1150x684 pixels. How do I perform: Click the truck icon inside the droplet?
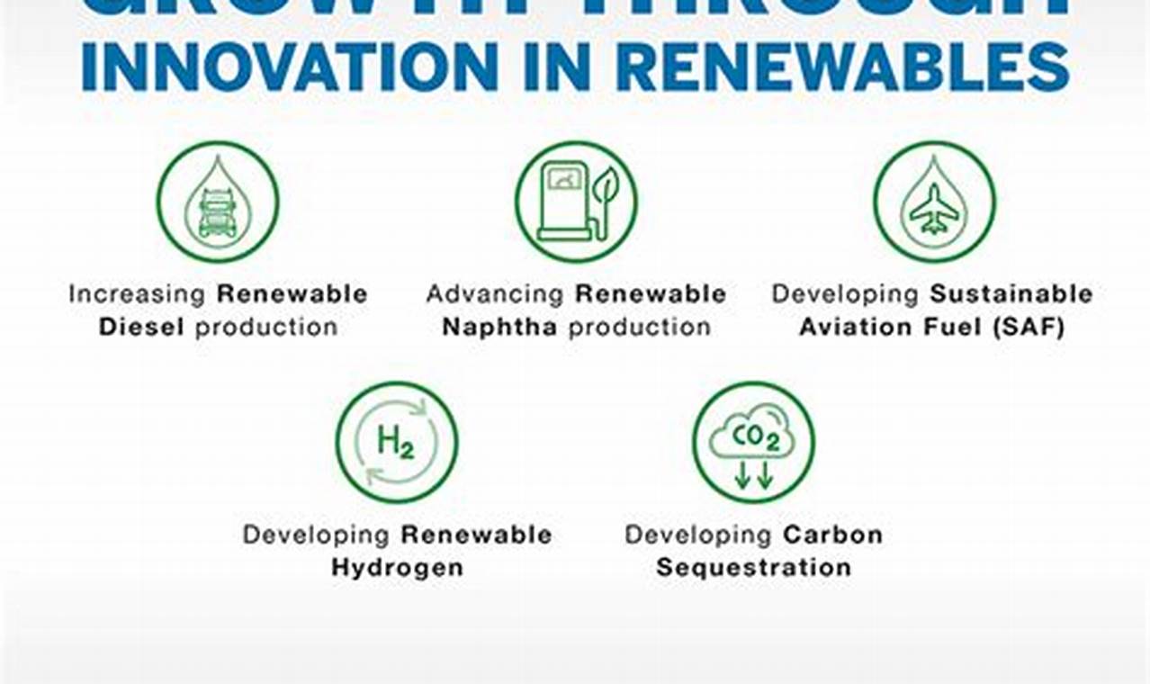pyautogui.click(x=218, y=212)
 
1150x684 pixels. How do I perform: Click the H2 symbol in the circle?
pyautogui.click(x=396, y=442)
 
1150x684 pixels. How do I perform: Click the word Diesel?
pyautogui.click(x=142, y=327)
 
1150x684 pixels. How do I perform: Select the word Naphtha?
pyautogui.click(x=499, y=327)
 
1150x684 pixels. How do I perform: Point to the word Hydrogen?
pyautogui.click(x=397, y=568)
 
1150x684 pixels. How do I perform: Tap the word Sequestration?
pyautogui.click(x=753, y=568)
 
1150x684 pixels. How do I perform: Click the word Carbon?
pyautogui.click(x=832, y=535)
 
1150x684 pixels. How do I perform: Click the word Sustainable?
pyautogui.click(x=1011, y=293)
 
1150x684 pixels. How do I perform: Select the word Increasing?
pyautogui.click(x=138, y=293)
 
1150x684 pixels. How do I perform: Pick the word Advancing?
pyautogui.click(x=495, y=293)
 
